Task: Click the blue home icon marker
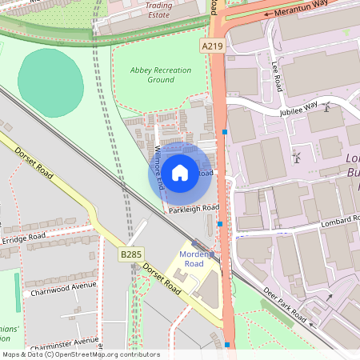click(x=180, y=172)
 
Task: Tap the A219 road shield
click(x=212, y=46)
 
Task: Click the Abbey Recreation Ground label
click(x=161, y=75)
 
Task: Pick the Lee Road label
click(x=277, y=77)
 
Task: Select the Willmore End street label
click(x=159, y=166)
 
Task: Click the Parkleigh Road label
click(x=194, y=209)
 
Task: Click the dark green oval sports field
click(x=50, y=81)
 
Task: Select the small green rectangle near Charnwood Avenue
click(x=18, y=293)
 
